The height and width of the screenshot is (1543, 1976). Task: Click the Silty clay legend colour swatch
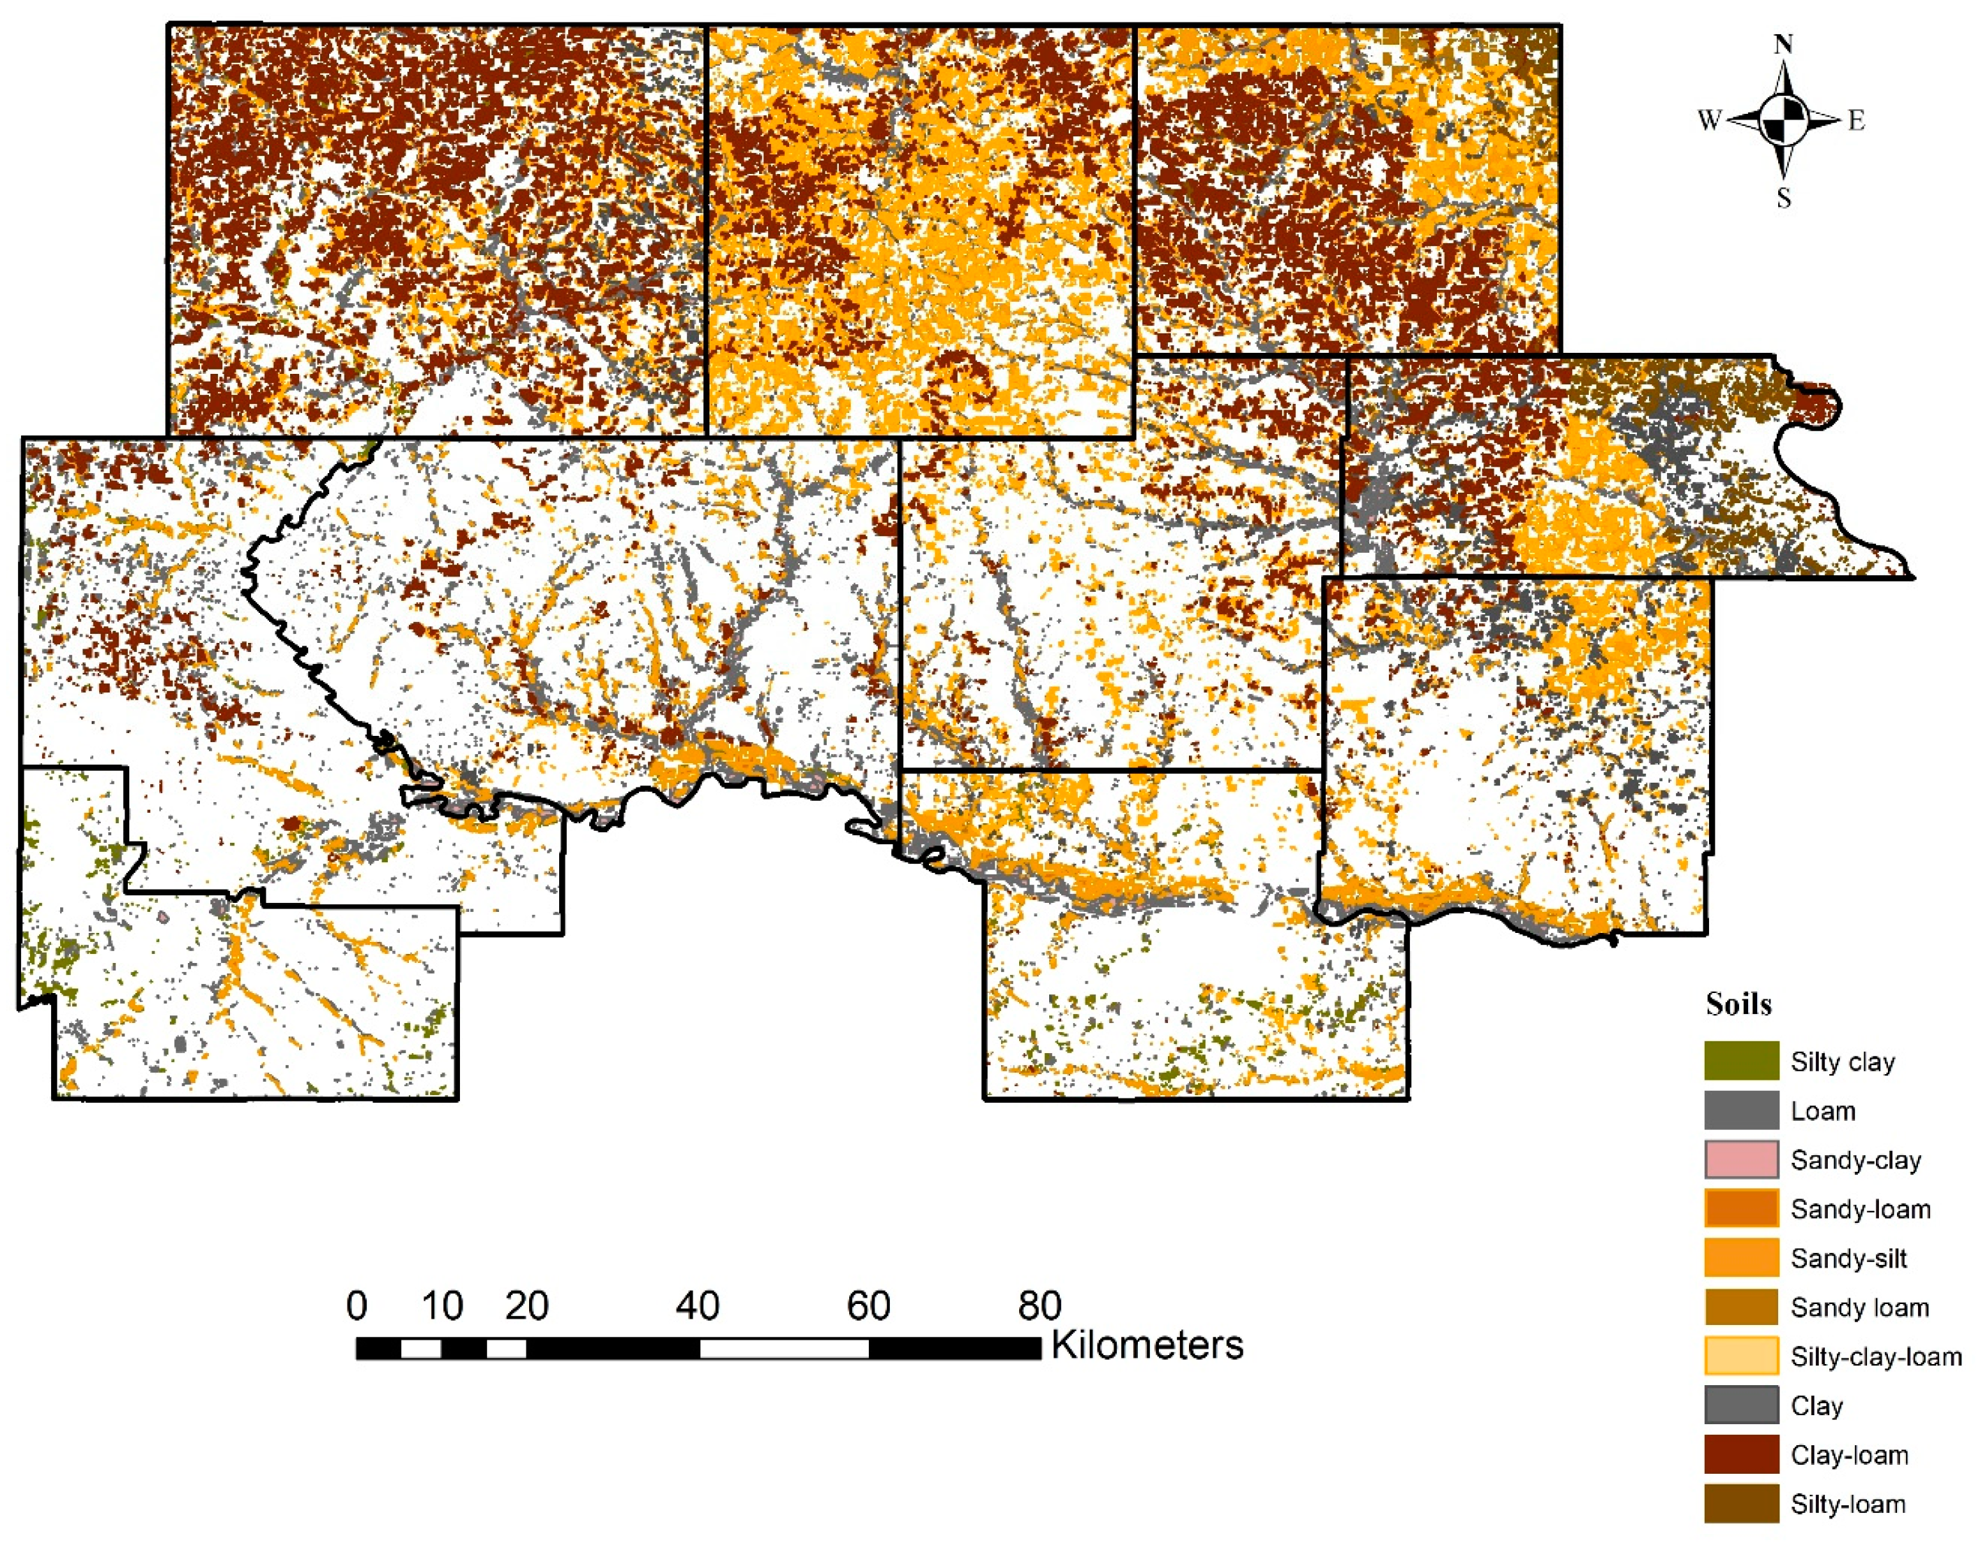1740,1061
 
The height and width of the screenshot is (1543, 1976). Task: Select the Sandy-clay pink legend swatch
1740,1159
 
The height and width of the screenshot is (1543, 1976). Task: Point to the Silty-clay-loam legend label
1875,1356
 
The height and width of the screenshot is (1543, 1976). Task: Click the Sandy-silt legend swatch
1740,1258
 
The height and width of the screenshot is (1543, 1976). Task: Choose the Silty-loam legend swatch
1740,1504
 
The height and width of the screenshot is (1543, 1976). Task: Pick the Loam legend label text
1822,1110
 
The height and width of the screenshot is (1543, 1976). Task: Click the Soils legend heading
1738,1004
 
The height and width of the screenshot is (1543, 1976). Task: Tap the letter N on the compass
1783,44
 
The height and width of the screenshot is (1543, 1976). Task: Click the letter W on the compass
1709,120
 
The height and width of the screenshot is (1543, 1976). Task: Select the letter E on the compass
1856,120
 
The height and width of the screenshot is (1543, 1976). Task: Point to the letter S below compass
1783,198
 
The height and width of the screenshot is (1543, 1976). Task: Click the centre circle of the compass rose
1783,120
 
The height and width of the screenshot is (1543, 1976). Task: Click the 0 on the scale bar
357,1306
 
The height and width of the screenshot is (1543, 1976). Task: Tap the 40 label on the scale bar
698,1306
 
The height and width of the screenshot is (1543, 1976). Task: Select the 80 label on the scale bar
1039,1306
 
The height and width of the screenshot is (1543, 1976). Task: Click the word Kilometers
1146,1345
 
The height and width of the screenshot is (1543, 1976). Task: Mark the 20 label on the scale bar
526,1306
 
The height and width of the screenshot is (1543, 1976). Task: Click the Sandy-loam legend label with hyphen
1860,1209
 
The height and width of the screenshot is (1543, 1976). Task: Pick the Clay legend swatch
1740,1405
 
